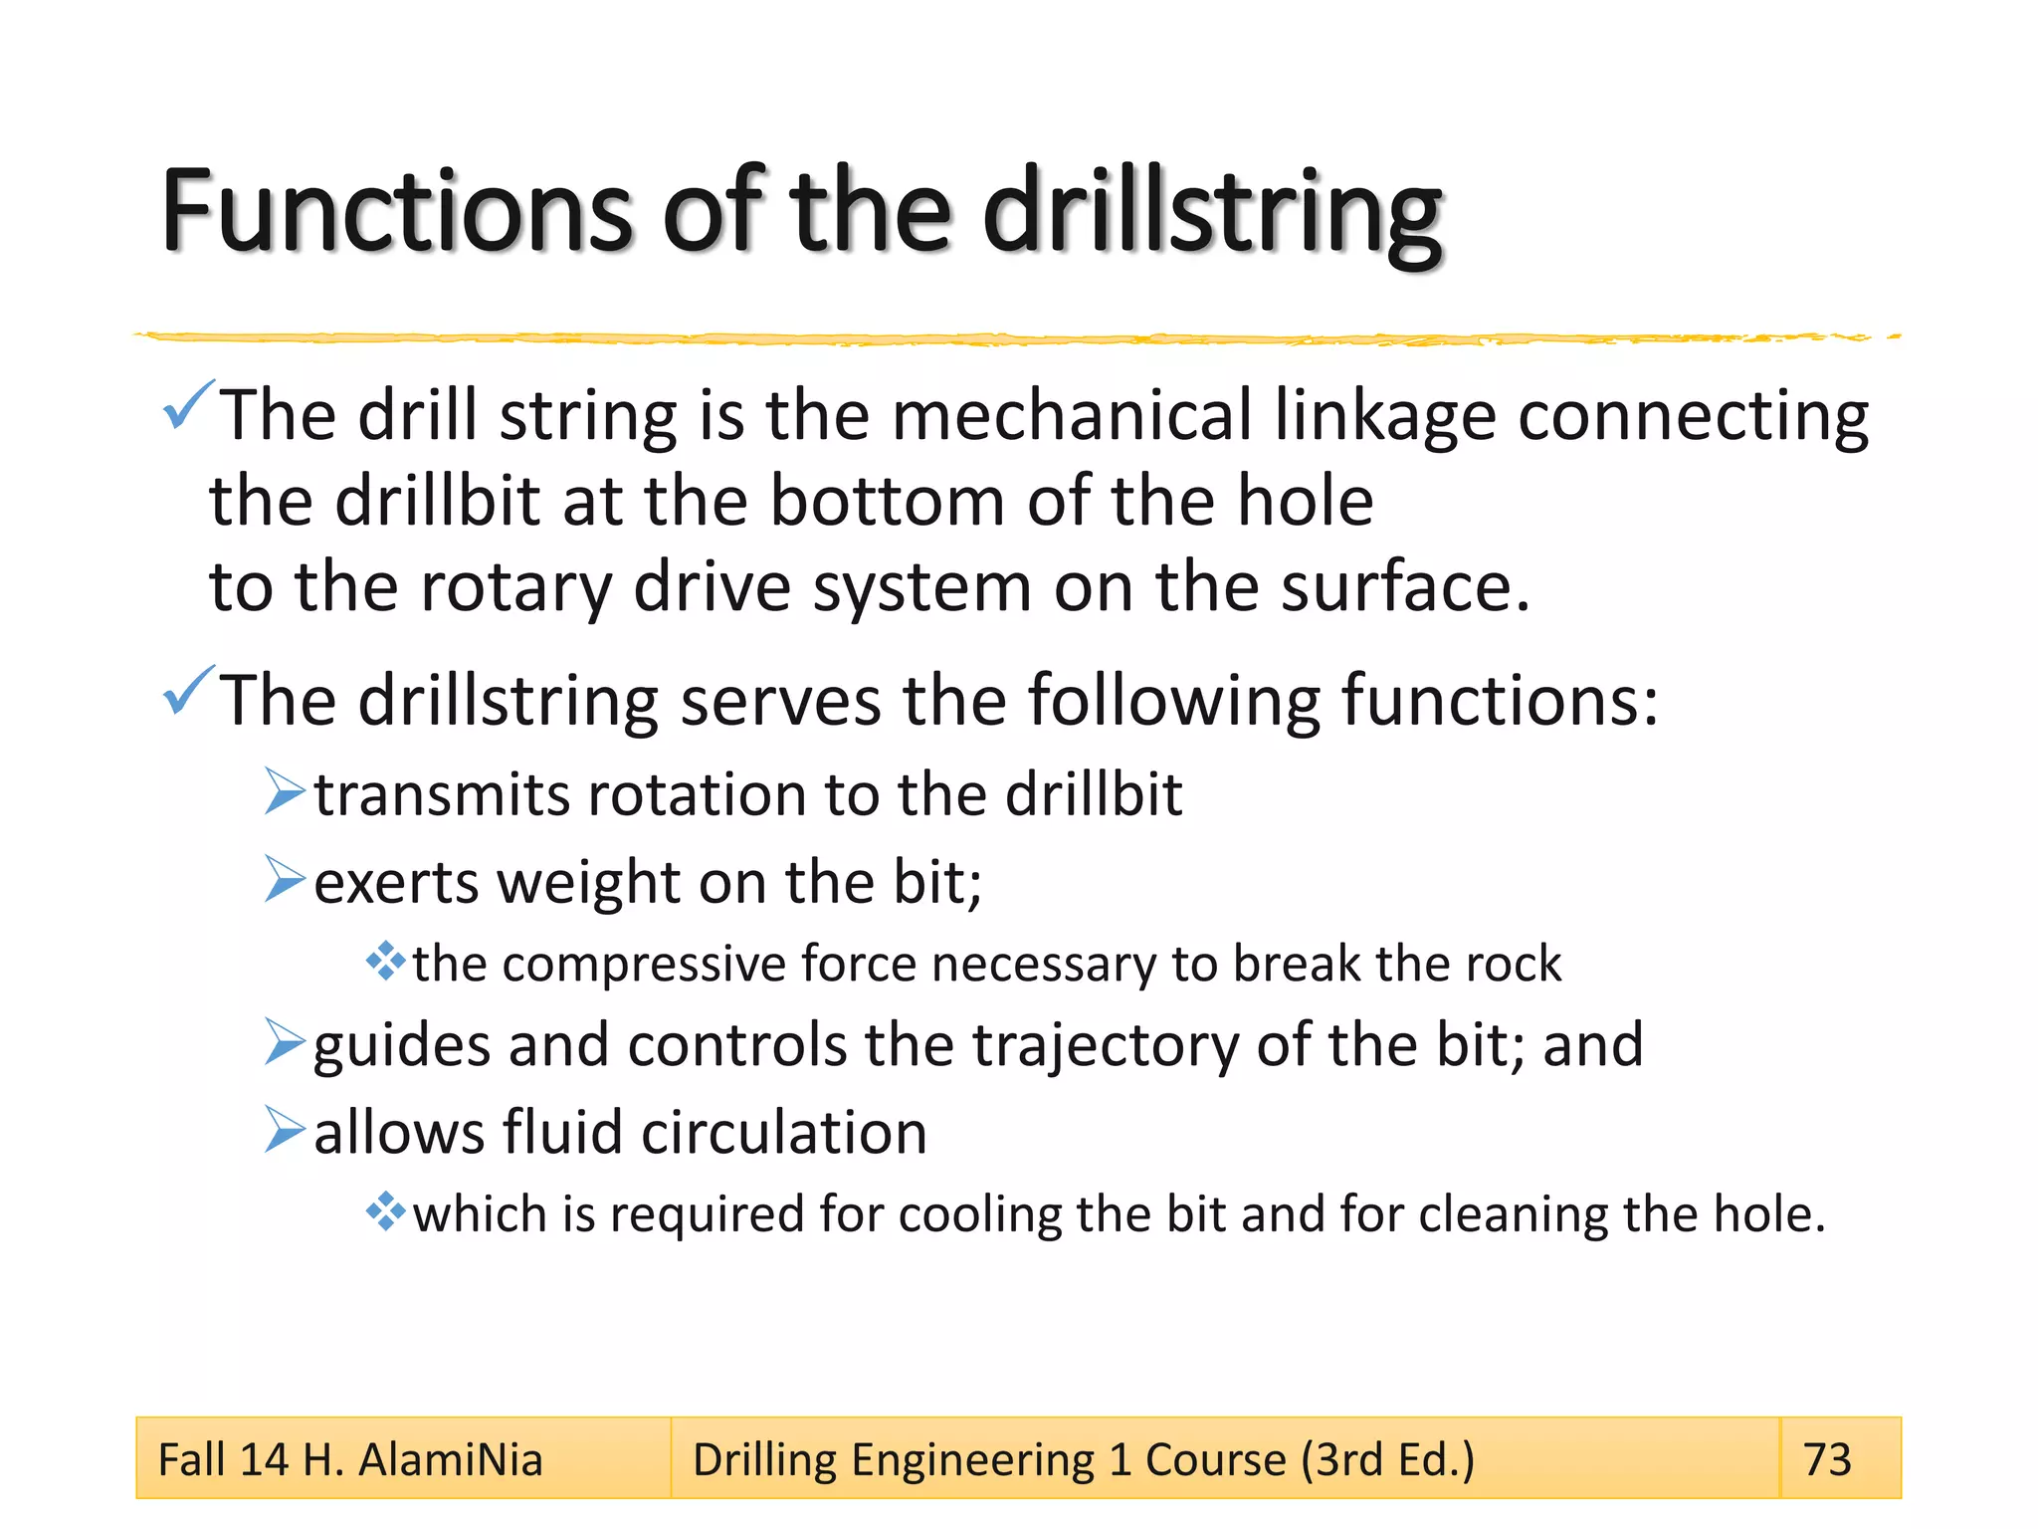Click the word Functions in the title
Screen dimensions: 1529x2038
tap(396, 211)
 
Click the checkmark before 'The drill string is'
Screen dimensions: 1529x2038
tap(187, 405)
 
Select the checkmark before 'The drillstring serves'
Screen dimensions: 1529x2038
tap(187, 691)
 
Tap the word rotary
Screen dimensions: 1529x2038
tap(515, 587)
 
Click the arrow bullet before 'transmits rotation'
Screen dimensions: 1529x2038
tap(285, 792)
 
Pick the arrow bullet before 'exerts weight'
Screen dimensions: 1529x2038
tap(285, 879)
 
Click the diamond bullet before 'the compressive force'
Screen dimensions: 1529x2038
tap(385, 962)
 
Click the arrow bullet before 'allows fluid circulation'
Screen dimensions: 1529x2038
tap(285, 1130)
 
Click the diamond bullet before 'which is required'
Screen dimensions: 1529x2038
tap(385, 1212)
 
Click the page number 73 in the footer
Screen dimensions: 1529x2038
tap(1827, 1459)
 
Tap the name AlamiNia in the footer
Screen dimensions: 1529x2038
tap(450, 1459)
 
